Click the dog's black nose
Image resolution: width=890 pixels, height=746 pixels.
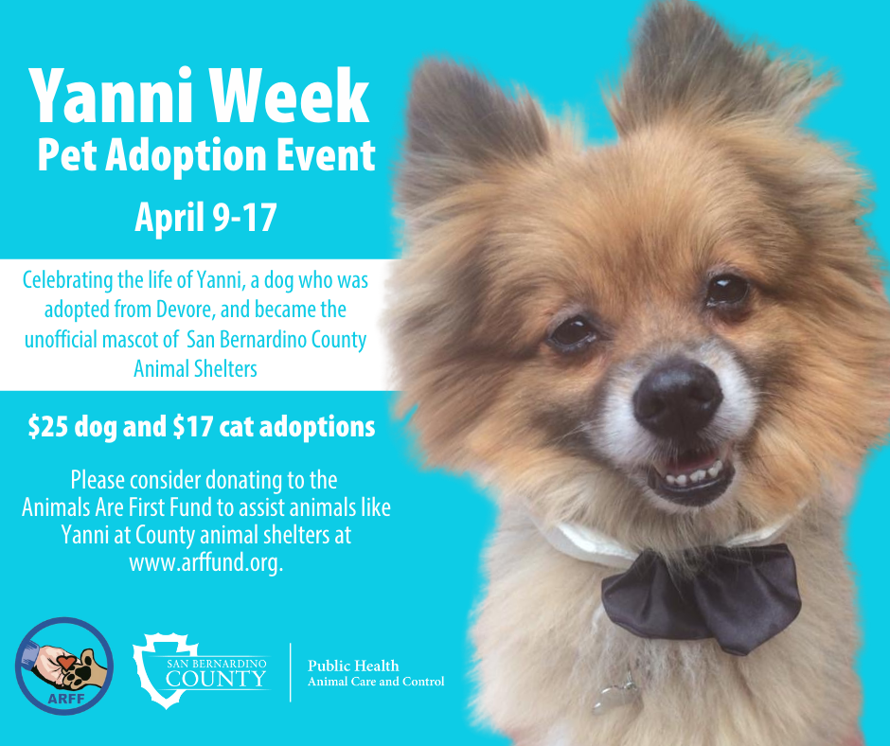(677, 398)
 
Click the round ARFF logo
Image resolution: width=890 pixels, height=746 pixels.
(64, 666)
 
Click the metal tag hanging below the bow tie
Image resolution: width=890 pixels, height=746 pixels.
(615, 694)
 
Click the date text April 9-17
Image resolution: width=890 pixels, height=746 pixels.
(205, 218)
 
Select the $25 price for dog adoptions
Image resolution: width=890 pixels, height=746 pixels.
(48, 427)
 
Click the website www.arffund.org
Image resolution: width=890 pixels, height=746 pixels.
(206, 562)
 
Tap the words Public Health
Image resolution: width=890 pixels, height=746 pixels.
(353, 666)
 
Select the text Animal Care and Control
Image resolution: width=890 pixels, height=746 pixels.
(376, 682)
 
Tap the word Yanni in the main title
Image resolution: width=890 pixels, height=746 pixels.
(114, 96)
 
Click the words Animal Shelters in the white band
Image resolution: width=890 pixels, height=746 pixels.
(195, 369)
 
